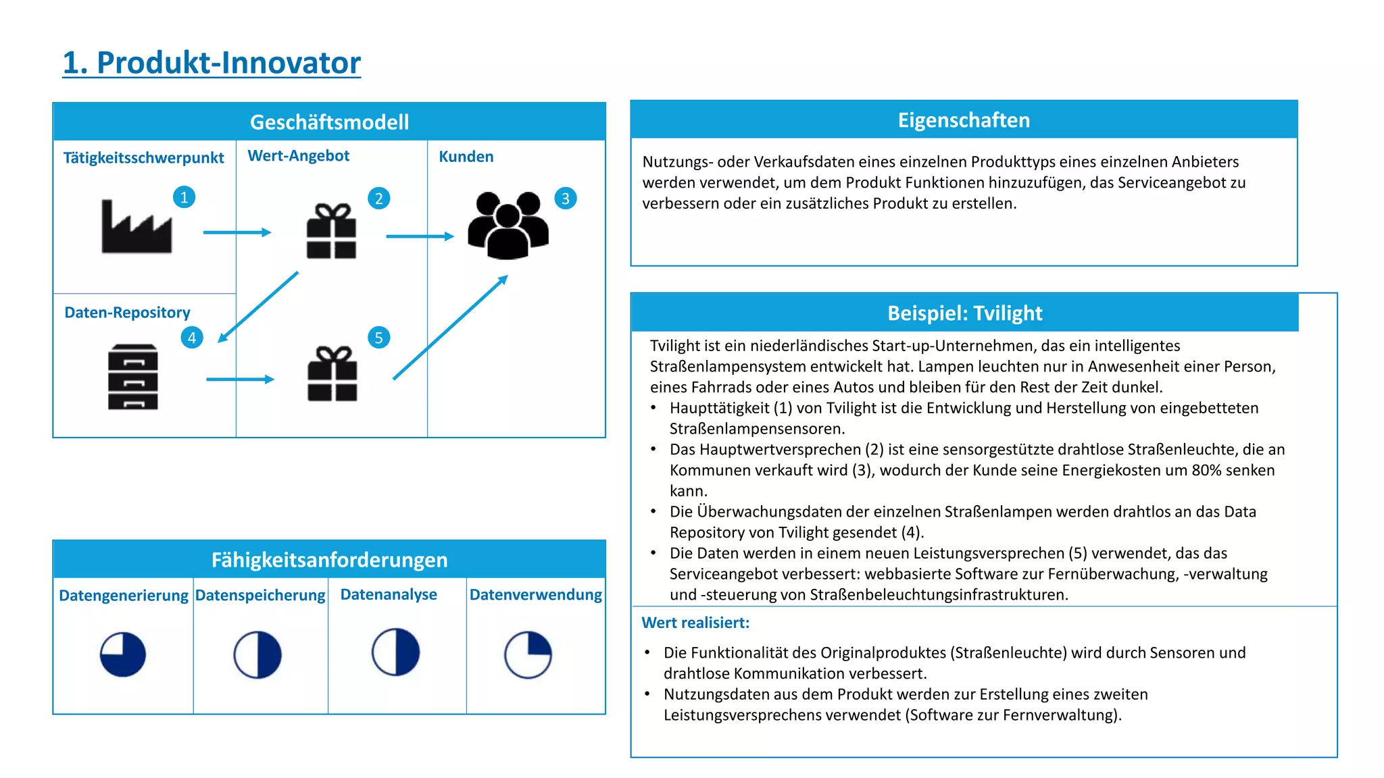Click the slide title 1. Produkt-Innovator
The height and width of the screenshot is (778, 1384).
coord(212,63)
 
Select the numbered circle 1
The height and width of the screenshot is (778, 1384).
coord(184,197)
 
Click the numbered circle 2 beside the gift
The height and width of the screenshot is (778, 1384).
coord(378,199)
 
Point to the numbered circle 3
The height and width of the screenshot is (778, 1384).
coord(565,199)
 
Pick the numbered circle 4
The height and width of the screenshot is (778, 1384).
coord(192,338)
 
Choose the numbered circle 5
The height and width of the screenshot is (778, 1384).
coord(378,338)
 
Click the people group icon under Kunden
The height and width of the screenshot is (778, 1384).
coord(508,226)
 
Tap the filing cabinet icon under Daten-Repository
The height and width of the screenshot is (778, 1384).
coord(133,377)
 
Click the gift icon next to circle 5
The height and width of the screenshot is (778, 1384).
coord(332,374)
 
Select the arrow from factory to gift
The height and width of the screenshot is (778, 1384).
coord(237,232)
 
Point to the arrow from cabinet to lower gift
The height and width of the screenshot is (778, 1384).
coord(240,380)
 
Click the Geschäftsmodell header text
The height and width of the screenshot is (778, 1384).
coord(329,122)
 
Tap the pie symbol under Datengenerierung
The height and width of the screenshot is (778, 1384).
coord(123,654)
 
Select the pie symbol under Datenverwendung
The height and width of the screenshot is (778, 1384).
coord(528,654)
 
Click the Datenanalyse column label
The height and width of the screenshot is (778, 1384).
coord(389,594)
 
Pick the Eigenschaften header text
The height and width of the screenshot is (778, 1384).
coord(964,120)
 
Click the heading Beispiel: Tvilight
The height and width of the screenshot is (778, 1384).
coord(964,313)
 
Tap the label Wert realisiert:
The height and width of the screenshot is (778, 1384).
coord(695,623)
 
